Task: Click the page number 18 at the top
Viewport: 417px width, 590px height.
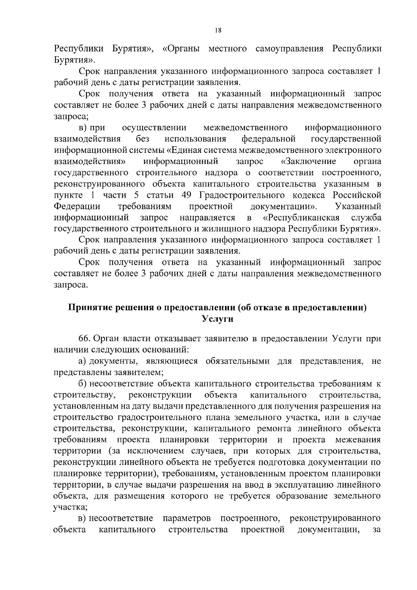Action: [218, 30]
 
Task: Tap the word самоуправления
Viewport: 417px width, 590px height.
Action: [289, 49]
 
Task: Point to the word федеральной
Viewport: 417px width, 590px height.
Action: [269, 139]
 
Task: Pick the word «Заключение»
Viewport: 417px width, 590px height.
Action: [309, 162]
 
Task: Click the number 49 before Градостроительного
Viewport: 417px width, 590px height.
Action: [187, 195]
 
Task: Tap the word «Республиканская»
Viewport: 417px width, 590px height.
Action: [300, 218]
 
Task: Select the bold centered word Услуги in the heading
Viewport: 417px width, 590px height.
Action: [218, 319]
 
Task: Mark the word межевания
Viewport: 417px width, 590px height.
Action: [358, 440]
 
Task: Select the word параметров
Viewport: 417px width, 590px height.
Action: [187, 518]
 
